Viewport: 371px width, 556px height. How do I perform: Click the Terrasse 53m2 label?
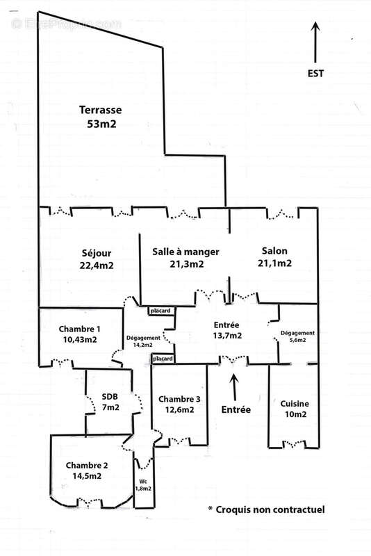pos(101,117)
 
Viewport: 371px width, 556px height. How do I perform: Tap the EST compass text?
pos(315,74)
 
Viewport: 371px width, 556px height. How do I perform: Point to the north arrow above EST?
pos(315,42)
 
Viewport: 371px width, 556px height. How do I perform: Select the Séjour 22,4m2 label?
pos(97,259)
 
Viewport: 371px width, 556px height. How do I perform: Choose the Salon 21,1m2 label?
pos(274,256)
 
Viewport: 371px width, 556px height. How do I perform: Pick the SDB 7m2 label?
pos(110,402)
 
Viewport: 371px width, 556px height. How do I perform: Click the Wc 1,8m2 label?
pos(143,484)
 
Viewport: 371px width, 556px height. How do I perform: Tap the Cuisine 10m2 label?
pos(295,409)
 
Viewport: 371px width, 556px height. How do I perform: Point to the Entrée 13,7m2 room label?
pos(226,330)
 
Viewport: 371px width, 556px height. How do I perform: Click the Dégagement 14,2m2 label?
pos(143,341)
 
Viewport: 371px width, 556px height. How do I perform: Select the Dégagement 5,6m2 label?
pos(297,336)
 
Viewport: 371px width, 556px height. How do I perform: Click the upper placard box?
pos(160,311)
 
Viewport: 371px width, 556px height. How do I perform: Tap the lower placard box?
pos(163,359)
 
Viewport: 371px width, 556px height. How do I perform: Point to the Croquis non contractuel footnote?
pos(266,509)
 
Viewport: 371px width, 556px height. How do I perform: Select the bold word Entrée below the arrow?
pos(236,409)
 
